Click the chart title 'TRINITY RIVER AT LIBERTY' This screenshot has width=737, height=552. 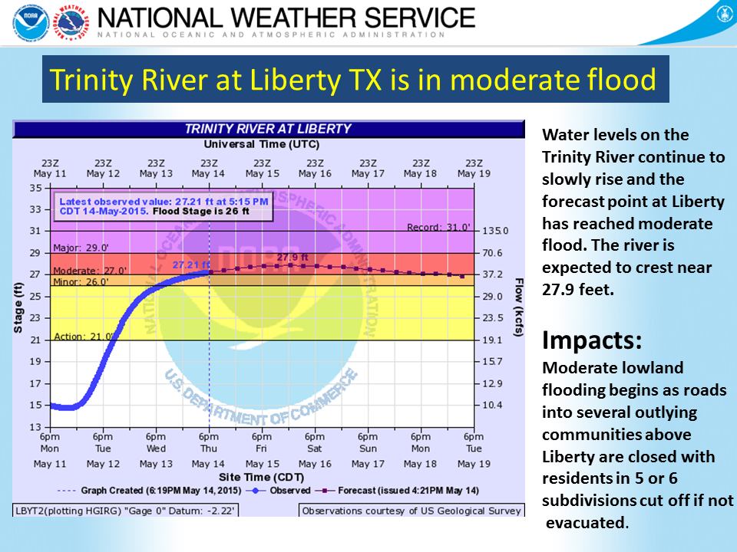point(268,129)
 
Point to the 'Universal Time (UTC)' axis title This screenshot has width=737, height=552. point(262,144)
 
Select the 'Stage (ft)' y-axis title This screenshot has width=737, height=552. point(18,307)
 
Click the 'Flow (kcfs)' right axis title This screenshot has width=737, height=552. point(519,307)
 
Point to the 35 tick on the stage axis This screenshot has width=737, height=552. point(36,188)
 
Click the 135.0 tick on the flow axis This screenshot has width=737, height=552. point(490,231)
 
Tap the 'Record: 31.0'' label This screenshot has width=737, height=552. point(435,227)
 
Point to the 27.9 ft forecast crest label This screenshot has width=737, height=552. point(292,256)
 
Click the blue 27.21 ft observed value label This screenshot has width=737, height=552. point(191,264)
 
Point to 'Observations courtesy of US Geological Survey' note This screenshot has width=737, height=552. point(411,511)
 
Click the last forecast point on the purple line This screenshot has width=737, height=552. point(461,276)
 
